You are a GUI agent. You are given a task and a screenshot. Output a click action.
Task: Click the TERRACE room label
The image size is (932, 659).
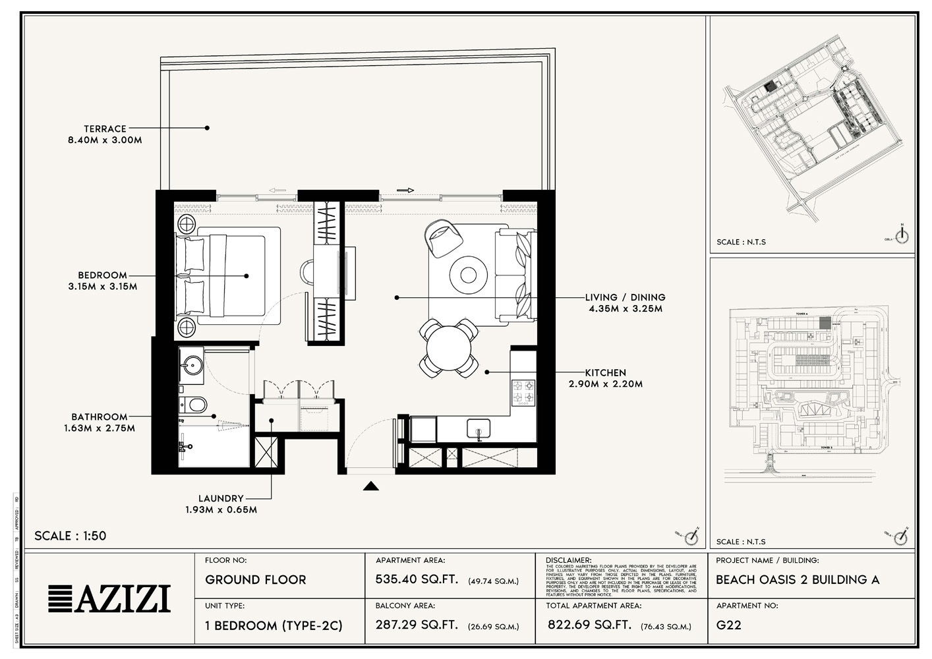point(105,129)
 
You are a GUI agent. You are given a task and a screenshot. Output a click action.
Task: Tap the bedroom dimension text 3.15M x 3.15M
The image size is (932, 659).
point(102,287)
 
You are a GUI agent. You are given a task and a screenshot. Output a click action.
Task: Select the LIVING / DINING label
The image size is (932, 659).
point(625,297)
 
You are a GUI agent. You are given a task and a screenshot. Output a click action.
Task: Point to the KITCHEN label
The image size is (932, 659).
point(605,372)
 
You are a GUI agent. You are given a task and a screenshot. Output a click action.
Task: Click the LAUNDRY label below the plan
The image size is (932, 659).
point(221,498)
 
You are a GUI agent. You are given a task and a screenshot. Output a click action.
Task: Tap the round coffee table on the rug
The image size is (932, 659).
point(469,274)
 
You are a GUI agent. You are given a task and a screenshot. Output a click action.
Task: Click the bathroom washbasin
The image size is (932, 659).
point(193,364)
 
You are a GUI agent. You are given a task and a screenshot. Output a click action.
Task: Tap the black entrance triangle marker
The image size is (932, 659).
point(372,486)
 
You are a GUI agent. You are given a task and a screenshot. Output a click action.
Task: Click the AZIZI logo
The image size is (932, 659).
point(109,598)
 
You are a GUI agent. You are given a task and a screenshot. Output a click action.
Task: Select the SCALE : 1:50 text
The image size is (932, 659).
point(70,536)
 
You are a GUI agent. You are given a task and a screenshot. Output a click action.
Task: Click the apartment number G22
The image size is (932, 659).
point(728,625)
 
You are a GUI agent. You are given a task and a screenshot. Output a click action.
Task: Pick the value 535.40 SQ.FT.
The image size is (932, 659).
point(417,580)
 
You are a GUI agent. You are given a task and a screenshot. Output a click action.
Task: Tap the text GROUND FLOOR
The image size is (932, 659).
point(256,580)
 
